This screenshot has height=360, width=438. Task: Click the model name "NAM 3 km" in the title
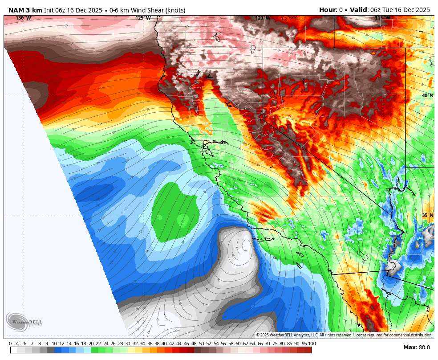[25, 10]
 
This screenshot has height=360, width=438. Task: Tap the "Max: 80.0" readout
[417, 348]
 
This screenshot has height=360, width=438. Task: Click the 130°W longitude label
[24, 18]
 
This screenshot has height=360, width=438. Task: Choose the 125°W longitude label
[143, 18]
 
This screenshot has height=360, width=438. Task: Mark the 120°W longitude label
[263, 18]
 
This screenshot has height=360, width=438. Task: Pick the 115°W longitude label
[382, 18]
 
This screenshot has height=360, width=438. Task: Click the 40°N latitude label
[427, 96]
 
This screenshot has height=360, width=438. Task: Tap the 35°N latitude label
[427, 216]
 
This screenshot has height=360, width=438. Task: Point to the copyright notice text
[344, 335]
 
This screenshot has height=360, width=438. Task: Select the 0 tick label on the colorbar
[10, 344]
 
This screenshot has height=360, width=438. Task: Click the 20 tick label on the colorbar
[91, 344]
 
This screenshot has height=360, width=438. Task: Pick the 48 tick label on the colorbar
[194, 344]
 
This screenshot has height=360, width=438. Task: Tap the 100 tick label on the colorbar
[312, 344]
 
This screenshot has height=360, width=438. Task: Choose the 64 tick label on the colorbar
[252, 344]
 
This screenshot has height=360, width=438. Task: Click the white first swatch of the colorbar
[14, 350]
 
